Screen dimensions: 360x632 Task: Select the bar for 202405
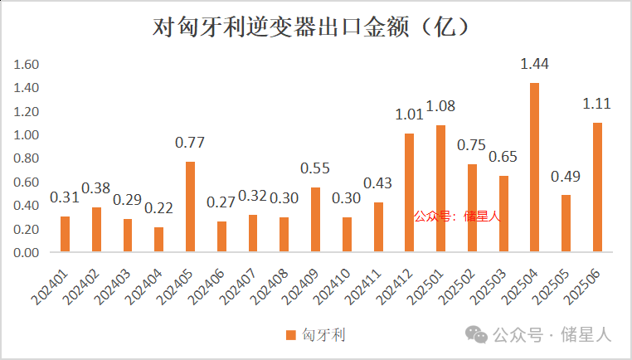coord(190,207)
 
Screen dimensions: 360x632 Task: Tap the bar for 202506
coord(597,187)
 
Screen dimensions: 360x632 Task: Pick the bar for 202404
coord(158,239)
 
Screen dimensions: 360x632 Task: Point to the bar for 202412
coord(409,192)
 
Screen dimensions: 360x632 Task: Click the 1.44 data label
coord(534,63)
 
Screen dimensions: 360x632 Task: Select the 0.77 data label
coord(190,142)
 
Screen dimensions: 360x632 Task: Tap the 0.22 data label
coord(158,207)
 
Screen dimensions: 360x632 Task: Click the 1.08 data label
coord(440,106)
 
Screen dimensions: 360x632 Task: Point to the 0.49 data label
coord(566,176)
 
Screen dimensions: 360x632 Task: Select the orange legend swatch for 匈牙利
coord(290,335)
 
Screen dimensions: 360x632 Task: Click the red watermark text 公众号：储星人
coord(458,216)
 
